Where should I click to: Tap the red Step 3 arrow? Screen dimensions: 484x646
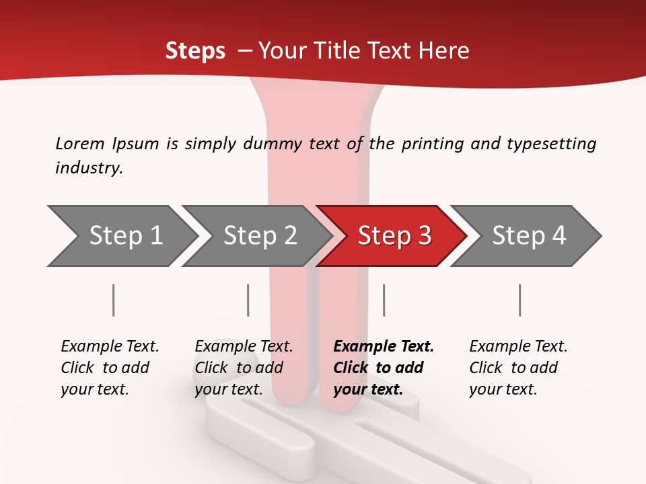[x=394, y=235]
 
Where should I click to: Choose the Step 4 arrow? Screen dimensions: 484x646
[x=529, y=235]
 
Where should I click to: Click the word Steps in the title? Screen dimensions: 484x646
[x=195, y=51]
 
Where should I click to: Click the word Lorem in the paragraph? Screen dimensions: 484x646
[x=79, y=143]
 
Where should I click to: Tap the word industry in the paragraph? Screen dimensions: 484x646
[x=89, y=168]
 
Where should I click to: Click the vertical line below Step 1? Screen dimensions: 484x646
[x=114, y=300]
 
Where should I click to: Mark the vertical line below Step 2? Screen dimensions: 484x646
[x=248, y=300]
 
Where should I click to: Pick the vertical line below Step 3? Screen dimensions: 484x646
[x=384, y=300]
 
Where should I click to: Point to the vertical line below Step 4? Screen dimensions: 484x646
[x=520, y=300]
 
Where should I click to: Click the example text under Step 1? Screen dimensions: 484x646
[x=110, y=368]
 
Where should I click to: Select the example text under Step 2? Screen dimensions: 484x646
[x=244, y=368]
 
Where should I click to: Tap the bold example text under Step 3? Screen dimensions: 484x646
[x=384, y=368]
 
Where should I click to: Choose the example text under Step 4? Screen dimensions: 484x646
[x=518, y=368]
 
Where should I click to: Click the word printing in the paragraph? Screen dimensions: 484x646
[x=431, y=144]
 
